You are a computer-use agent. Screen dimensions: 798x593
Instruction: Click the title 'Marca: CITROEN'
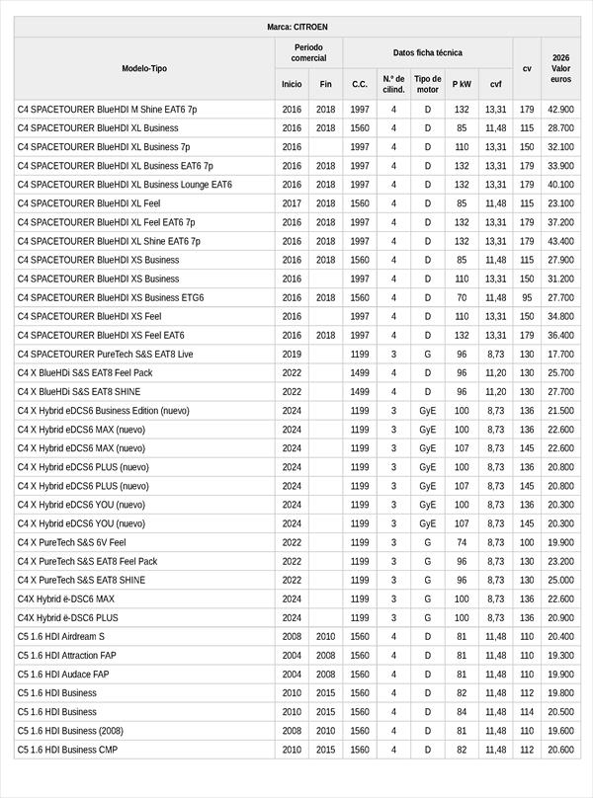tap(296, 27)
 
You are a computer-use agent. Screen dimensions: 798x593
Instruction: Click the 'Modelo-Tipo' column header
tap(144, 68)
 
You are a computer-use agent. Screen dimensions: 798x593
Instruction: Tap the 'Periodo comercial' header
tap(308, 52)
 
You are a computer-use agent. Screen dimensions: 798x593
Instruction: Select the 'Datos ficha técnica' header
tap(427, 52)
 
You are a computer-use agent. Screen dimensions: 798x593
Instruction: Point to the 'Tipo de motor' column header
tap(428, 84)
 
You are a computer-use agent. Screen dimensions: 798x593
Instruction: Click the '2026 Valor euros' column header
tap(560, 68)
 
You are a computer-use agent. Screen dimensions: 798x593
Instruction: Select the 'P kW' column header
tap(462, 84)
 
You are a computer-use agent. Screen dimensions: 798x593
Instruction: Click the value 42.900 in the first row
tap(560, 110)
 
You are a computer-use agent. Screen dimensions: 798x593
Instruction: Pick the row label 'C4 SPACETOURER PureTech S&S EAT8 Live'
tap(106, 354)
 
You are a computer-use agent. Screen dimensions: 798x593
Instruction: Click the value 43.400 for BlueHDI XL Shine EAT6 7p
tap(560, 241)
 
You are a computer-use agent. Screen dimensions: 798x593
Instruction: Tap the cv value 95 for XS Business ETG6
tap(527, 297)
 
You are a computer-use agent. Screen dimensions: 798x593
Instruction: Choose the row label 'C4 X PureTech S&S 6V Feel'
tap(72, 542)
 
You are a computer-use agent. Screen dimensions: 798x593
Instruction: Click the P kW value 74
tap(462, 542)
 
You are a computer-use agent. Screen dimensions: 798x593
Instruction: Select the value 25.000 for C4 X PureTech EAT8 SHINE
tap(560, 580)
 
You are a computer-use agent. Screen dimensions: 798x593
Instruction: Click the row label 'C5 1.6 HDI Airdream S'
tap(60, 636)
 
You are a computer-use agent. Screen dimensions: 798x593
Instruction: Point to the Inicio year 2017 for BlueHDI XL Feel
tap(292, 203)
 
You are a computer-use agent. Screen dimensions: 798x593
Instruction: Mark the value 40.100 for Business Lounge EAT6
tap(560, 185)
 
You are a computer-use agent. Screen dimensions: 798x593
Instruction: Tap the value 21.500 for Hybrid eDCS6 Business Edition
tap(560, 410)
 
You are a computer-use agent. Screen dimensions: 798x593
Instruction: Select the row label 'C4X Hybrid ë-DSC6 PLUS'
tap(67, 617)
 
